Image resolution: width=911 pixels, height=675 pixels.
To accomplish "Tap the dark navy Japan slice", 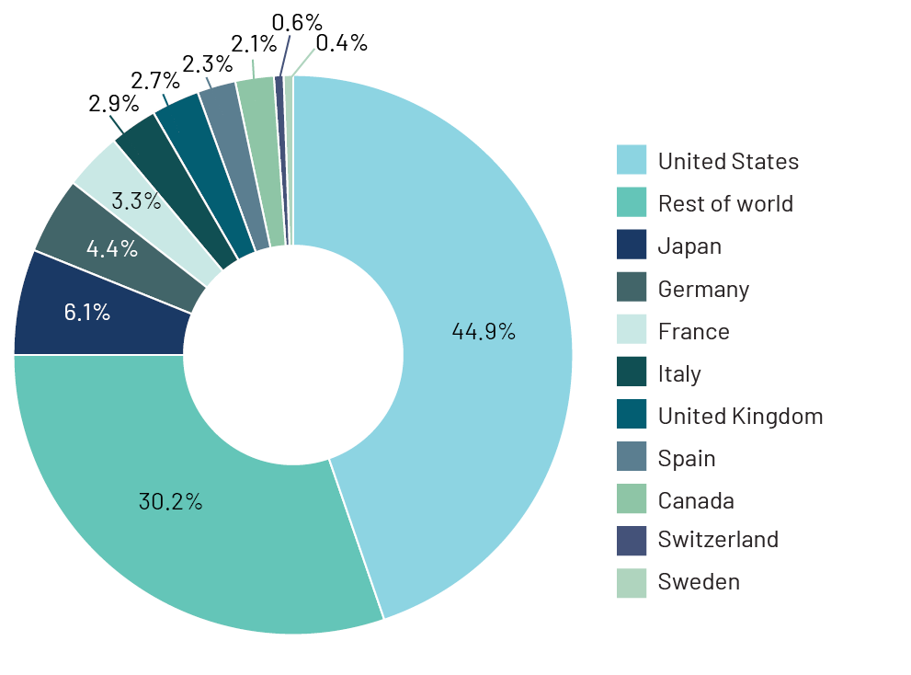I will [x=87, y=312].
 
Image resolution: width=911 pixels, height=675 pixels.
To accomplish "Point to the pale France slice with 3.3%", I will [x=136, y=200].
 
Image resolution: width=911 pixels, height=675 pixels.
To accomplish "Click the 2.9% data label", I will [x=113, y=103].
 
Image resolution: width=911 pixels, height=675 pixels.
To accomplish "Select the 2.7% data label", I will [x=154, y=80].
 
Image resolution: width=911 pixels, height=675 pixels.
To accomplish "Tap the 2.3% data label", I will [x=207, y=64].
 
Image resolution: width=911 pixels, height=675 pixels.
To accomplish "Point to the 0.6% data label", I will [x=297, y=21].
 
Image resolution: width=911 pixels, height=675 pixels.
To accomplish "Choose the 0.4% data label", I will [x=341, y=42].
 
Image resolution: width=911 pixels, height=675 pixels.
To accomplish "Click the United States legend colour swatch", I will [x=632, y=161].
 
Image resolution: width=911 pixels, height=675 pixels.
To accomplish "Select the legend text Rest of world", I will [x=724, y=203].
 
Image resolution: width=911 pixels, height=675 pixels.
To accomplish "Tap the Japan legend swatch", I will [x=632, y=246].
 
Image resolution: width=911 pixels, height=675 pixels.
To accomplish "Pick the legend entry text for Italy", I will [x=679, y=374].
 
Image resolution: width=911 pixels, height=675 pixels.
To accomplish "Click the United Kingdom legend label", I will [x=740, y=416].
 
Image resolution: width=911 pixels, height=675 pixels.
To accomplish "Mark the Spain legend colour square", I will [x=632, y=458].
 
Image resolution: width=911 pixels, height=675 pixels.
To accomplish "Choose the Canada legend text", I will [x=696, y=500].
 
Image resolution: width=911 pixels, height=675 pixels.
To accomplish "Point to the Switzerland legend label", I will [x=718, y=539].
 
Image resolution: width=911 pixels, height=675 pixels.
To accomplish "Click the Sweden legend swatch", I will [x=632, y=581].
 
